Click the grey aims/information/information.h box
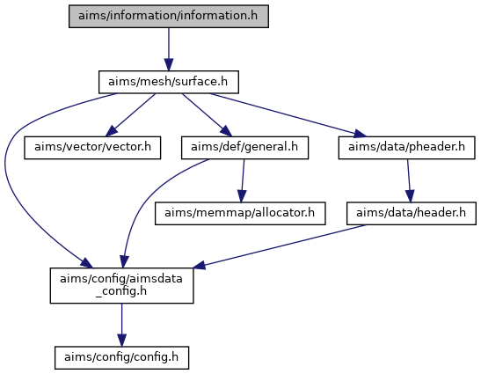click(x=169, y=16)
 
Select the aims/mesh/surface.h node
click(x=169, y=82)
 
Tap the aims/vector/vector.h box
click(x=92, y=148)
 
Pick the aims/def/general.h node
click(x=244, y=148)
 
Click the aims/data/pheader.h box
click(x=407, y=148)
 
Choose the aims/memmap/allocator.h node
click(x=240, y=214)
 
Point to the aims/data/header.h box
click(x=412, y=214)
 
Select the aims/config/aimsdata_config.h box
click(x=121, y=286)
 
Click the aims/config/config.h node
click(x=121, y=358)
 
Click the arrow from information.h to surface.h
click(x=169, y=49)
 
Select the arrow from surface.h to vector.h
click(x=130, y=115)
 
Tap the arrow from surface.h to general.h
click(x=207, y=115)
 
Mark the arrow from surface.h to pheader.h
click(x=288, y=115)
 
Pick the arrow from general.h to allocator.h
click(x=243, y=180)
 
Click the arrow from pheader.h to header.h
click(x=409, y=180)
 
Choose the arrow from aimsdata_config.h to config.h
click(x=121, y=325)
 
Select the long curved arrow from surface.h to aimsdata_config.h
click(x=9, y=178)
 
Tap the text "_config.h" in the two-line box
click(x=121, y=291)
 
